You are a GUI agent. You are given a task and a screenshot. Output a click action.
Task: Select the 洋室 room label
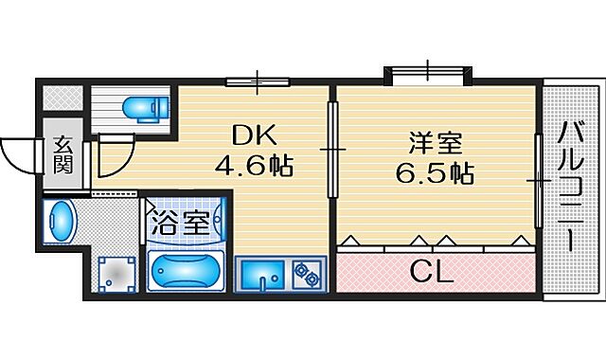(x=435, y=144)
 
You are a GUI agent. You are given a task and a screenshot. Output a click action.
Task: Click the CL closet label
(x=433, y=273)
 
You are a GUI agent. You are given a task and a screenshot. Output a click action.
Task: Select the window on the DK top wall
(x=257, y=82)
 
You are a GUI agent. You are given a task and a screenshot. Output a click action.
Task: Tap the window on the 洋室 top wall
(x=426, y=72)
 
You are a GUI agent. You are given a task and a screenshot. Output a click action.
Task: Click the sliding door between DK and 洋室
(x=331, y=149)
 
